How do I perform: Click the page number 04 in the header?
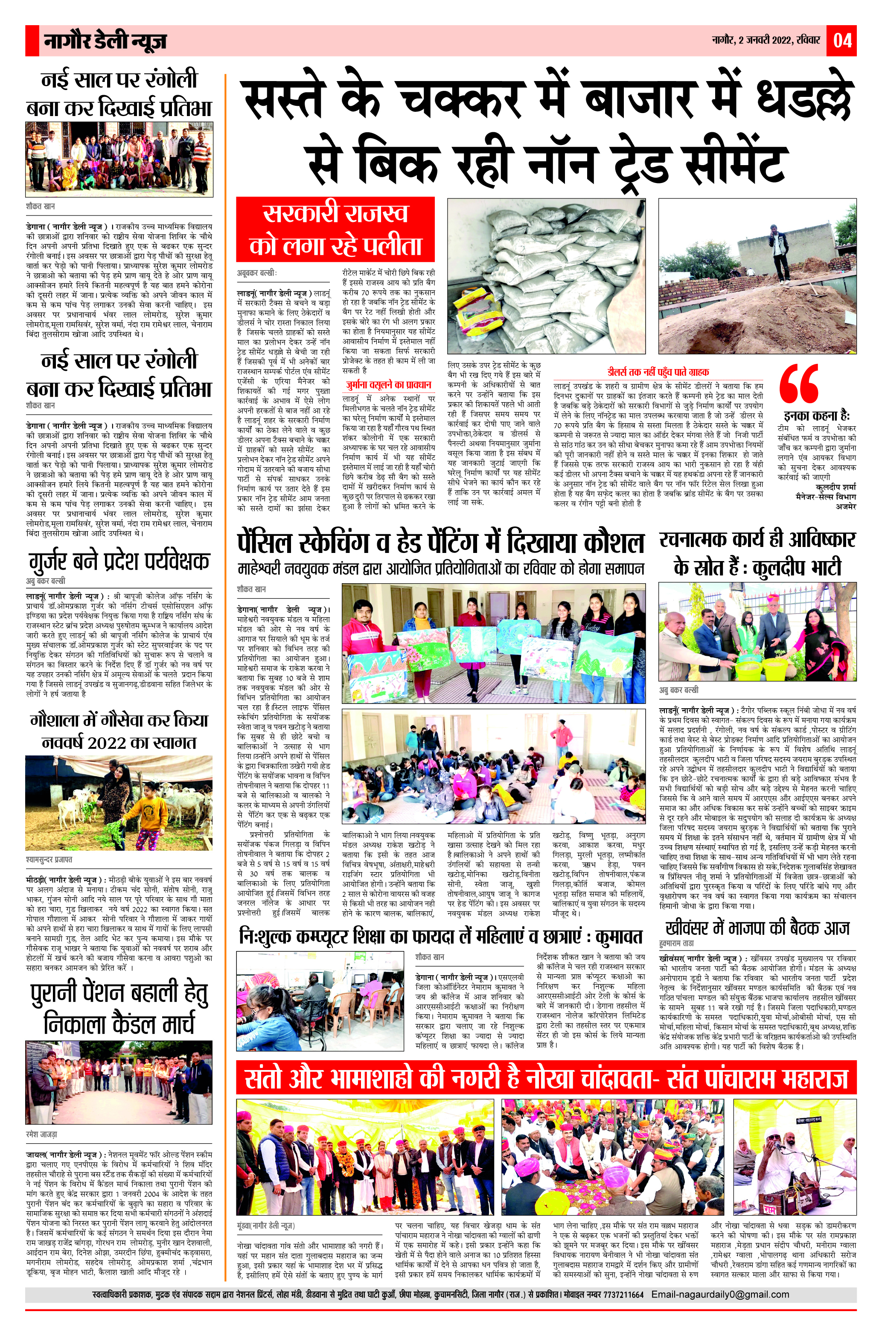842,41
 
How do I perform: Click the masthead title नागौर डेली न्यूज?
105,41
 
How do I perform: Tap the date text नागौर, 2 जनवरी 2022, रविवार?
766,41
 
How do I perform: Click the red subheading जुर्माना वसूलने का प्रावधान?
389,385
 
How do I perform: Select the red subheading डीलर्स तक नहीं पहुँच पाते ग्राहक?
658,372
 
